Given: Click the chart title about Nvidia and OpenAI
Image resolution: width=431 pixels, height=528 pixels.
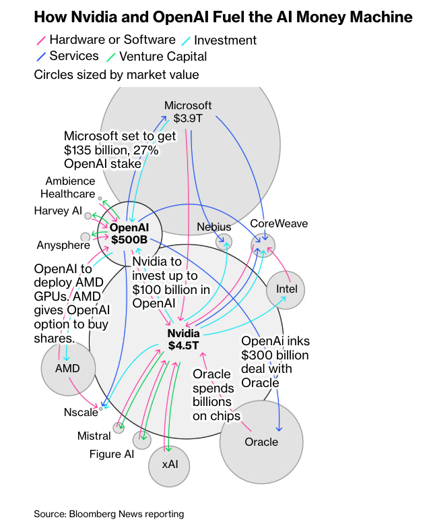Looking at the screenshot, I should (223, 17).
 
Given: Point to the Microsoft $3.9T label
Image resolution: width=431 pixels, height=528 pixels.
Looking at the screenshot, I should (188, 112).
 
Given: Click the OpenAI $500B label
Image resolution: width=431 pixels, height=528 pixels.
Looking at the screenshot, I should (129, 233).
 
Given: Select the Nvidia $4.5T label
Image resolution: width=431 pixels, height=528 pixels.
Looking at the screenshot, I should (183, 340).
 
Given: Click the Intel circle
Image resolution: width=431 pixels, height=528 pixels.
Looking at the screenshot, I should (286, 289).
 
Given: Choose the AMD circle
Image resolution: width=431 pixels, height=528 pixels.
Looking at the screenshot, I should (67, 368).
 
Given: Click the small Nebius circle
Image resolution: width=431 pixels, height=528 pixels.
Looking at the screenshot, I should (224, 241).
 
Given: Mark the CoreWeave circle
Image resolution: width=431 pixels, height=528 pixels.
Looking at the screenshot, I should (262, 243).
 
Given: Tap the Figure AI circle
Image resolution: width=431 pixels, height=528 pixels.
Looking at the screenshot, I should (141, 441).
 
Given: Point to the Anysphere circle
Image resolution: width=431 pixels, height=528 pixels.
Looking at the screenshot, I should (85, 237).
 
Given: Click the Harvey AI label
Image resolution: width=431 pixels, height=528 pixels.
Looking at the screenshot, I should (58, 211).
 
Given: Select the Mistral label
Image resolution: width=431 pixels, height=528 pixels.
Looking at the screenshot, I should (94, 436).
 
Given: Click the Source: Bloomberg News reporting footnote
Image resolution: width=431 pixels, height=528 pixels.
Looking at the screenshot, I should (109, 514).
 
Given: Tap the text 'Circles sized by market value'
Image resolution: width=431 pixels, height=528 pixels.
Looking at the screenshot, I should (116, 74).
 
